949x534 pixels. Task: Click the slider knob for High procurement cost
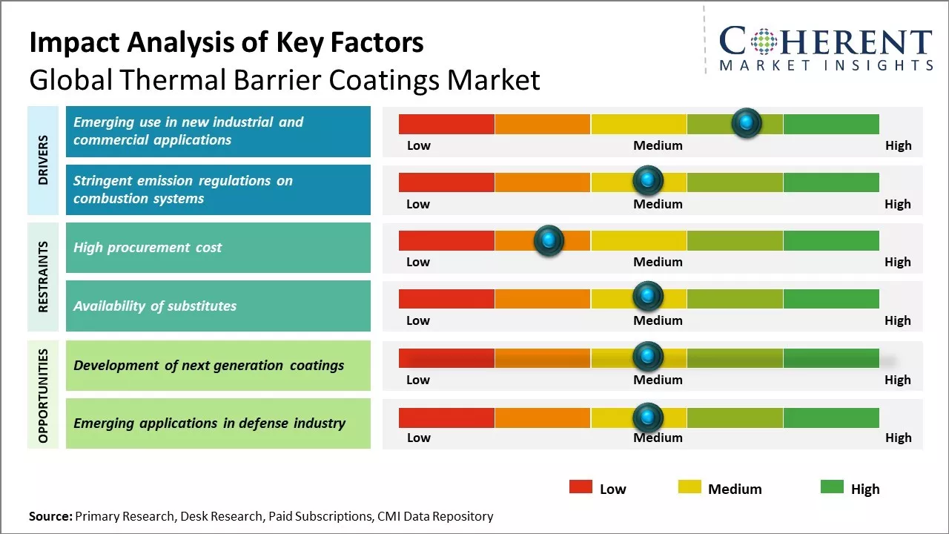click(549, 240)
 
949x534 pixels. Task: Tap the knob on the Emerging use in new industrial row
click(747, 123)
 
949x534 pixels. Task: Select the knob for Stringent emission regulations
click(648, 181)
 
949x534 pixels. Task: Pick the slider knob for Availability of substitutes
click(648, 297)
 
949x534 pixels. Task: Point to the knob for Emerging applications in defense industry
click(648, 418)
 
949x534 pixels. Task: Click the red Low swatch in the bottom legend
click(581, 487)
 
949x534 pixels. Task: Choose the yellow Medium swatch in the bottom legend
click(690, 487)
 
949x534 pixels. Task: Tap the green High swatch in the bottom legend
click(832, 487)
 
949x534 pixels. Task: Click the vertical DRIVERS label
click(44, 159)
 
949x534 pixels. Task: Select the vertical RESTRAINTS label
click(44, 276)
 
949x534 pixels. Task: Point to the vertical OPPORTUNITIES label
click(44, 395)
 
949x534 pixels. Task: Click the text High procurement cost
click(148, 248)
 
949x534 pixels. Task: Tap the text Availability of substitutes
click(155, 306)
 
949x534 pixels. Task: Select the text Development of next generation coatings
click(208, 365)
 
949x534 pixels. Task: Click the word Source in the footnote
click(50, 516)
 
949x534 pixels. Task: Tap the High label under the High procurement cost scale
click(897, 262)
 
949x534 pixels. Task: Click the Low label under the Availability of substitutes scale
click(418, 320)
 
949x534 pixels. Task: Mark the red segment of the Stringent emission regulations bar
click(446, 182)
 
